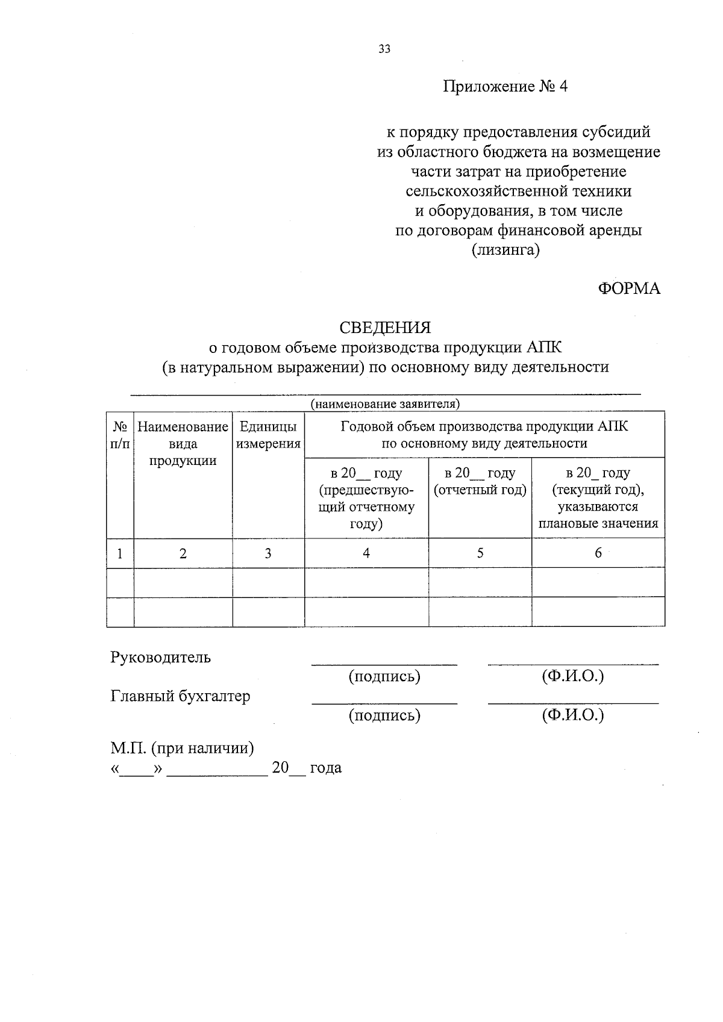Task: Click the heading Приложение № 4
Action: (505, 87)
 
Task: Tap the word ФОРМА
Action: (628, 288)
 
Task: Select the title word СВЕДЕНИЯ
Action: (385, 328)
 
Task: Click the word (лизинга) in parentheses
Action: (505, 250)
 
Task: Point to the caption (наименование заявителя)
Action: (385, 404)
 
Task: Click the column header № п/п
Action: (120, 435)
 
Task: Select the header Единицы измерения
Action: (268, 435)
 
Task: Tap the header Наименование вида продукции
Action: (183, 444)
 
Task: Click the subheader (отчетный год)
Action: (480, 490)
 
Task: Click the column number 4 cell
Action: (366, 553)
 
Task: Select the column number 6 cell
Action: (598, 553)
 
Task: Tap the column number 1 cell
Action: (120, 553)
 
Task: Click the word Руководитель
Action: (160, 657)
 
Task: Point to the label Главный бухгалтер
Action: (180, 696)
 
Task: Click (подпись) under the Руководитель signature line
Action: (384, 676)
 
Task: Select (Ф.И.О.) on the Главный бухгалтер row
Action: (572, 715)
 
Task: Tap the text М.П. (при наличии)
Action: (182, 748)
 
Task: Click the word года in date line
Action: (325, 768)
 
